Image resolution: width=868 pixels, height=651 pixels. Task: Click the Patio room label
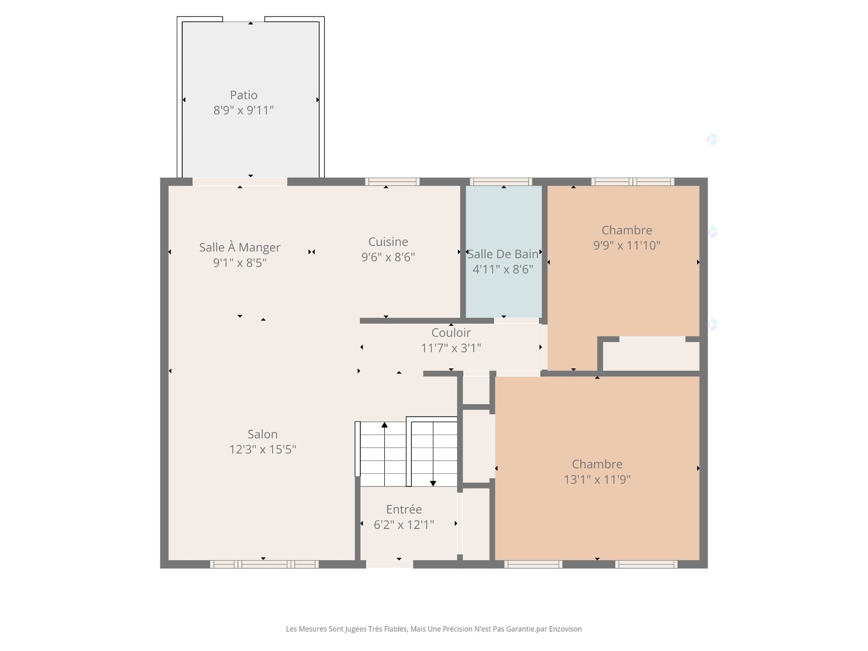pos(244,95)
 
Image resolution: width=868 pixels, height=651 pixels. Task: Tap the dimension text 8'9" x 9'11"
pos(244,110)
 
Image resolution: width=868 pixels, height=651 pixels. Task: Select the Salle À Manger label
pos(240,247)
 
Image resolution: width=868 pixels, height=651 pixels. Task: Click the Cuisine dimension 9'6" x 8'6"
pos(388,257)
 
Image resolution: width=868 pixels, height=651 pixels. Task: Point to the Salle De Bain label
pos(503,254)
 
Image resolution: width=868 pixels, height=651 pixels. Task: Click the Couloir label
pos(451,333)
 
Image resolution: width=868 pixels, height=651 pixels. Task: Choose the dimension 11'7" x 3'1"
pos(451,348)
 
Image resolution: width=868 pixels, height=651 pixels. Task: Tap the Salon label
pos(262,434)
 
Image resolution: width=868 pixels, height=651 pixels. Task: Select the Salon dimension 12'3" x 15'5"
pos(262,449)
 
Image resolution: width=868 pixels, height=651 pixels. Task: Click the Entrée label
pos(404,509)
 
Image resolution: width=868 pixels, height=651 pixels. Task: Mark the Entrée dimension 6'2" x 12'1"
pos(404,525)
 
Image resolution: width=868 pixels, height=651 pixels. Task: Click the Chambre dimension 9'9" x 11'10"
pos(627,245)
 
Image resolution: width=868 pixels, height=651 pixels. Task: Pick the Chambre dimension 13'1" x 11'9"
pos(597,480)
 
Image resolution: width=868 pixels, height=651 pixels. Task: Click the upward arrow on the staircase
pos(384,425)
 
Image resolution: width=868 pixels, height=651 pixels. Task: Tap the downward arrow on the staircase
pos(433,483)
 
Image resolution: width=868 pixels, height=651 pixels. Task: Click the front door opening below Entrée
pos(389,564)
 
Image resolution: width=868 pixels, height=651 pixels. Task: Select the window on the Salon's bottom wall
pos(264,564)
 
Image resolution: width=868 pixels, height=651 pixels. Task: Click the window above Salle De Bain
pos(500,182)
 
